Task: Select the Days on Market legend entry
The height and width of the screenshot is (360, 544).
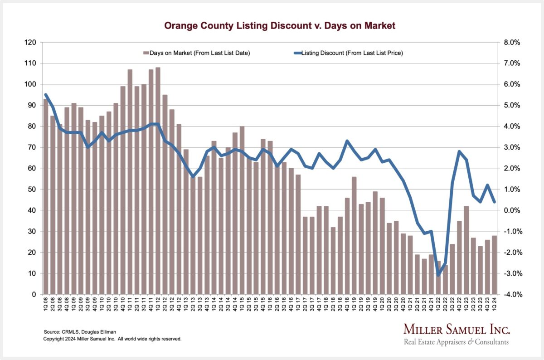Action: point(197,53)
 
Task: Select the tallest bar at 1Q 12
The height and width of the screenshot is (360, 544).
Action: point(158,181)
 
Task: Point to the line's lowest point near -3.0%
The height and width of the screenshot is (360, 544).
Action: point(438,275)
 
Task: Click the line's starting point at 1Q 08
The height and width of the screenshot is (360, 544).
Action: point(46,95)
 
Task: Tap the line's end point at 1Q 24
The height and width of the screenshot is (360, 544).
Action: point(495,202)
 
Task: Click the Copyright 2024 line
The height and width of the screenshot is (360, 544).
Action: point(112,339)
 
